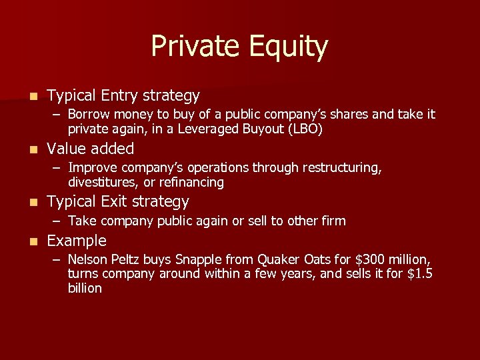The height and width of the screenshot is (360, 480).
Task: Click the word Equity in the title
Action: point(287,47)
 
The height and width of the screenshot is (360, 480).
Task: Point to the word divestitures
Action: point(101,182)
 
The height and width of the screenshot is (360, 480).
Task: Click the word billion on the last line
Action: point(85,288)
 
